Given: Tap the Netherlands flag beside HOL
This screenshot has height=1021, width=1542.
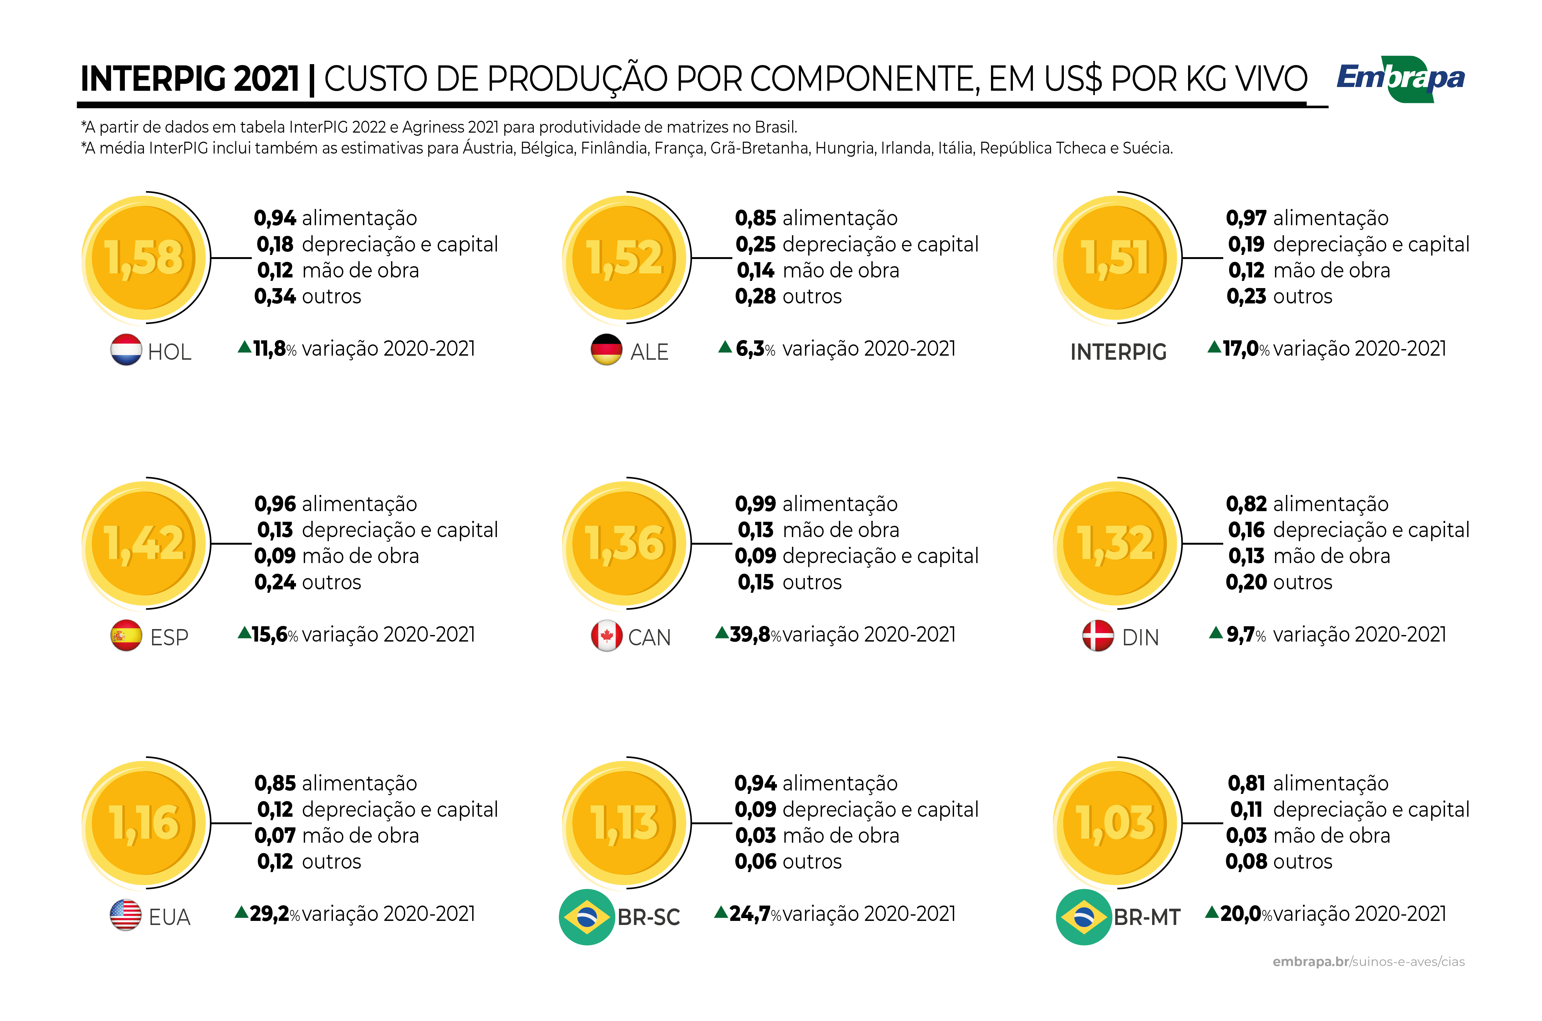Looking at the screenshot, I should click(x=126, y=350).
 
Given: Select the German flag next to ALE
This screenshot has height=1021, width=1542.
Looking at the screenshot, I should click(x=606, y=350).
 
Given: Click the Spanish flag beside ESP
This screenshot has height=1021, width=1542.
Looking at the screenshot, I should click(x=126, y=636).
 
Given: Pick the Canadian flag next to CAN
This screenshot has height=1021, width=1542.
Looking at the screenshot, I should click(x=606, y=636).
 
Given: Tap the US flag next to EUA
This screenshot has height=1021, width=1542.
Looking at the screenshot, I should click(x=126, y=915).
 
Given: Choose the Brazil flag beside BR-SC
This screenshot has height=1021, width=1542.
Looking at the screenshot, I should click(x=587, y=917).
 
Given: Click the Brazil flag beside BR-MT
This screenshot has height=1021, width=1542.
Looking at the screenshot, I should click(x=1084, y=917).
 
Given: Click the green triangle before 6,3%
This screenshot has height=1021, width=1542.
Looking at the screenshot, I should click(x=725, y=347).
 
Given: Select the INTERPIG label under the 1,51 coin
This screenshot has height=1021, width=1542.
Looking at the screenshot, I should click(x=1118, y=352).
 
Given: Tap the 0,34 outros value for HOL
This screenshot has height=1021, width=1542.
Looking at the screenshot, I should click(x=275, y=296).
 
